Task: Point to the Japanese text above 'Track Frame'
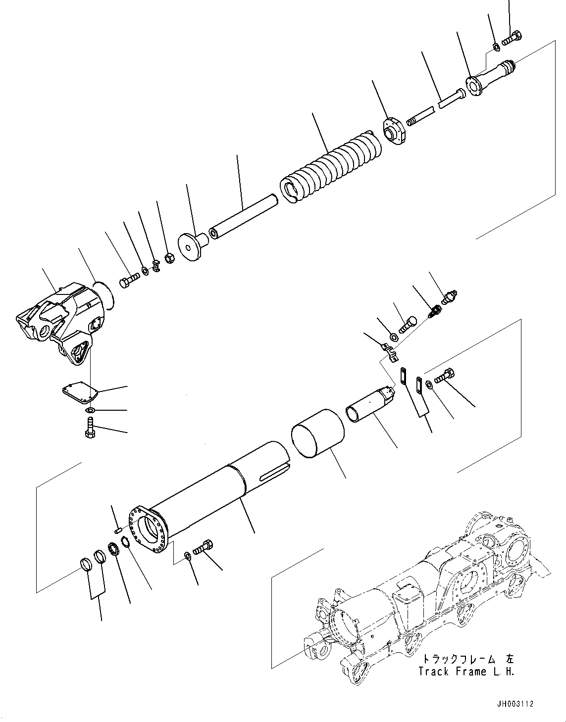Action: coord(467,659)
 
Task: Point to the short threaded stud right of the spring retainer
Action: coord(419,117)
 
